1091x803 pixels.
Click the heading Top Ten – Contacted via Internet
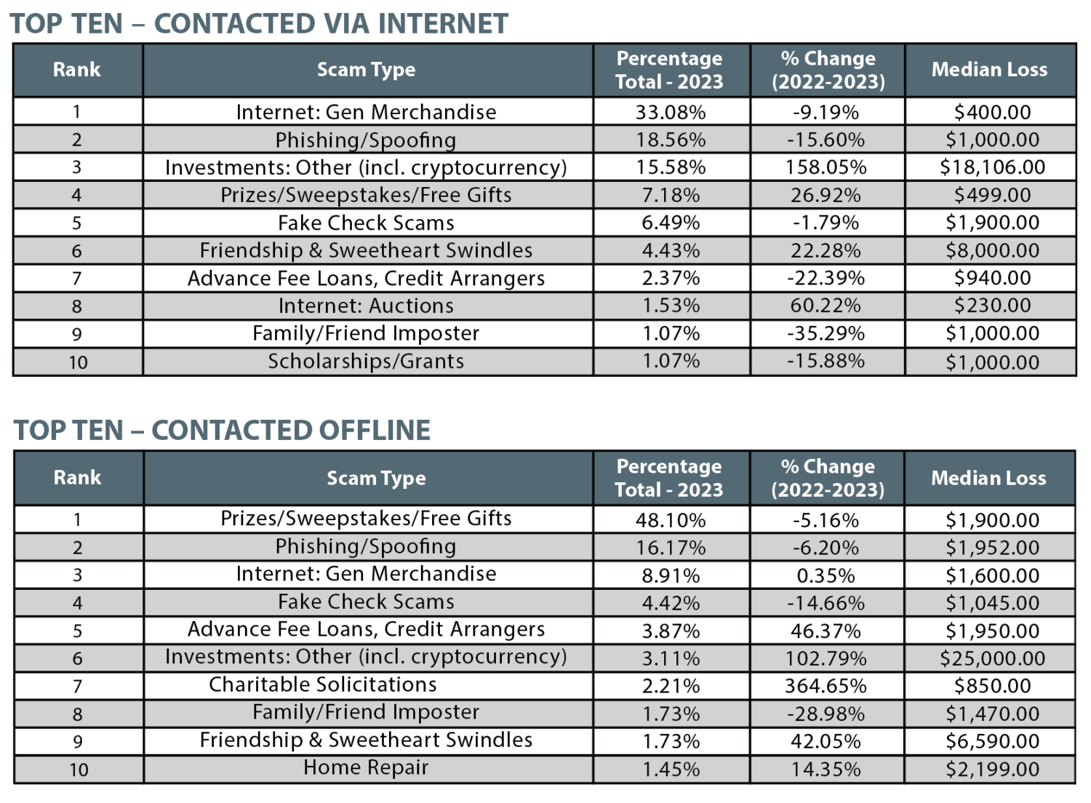258,23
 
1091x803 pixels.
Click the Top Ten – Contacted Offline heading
222,430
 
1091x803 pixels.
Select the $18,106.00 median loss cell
991,167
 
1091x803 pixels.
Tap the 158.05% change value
826,167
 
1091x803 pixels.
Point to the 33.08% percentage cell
670,112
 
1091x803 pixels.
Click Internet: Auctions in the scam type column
366,305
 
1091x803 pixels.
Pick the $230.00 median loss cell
991,305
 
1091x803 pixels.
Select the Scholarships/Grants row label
366,361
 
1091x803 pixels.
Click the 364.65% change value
826,686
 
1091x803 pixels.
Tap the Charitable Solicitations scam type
323,684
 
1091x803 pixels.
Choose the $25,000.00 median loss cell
991,658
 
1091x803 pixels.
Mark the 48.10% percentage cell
670,520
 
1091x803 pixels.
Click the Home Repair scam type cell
366,767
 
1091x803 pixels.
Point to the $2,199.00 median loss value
991,769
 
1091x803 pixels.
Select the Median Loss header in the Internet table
989,70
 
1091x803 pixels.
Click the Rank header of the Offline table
78,478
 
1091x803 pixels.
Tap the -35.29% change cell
826,334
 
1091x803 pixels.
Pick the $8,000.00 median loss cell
991,251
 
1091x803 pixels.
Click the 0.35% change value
826,575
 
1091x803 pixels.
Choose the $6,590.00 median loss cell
991,741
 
